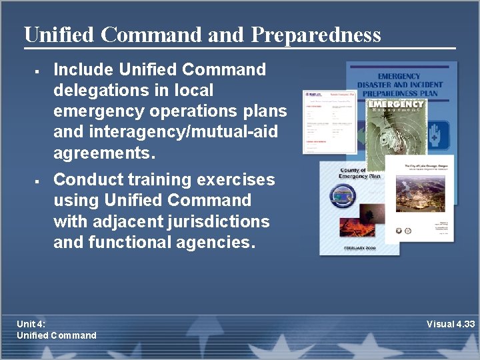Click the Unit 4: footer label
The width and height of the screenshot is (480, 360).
coord(31,324)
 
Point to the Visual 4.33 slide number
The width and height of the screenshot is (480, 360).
coord(451,324)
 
